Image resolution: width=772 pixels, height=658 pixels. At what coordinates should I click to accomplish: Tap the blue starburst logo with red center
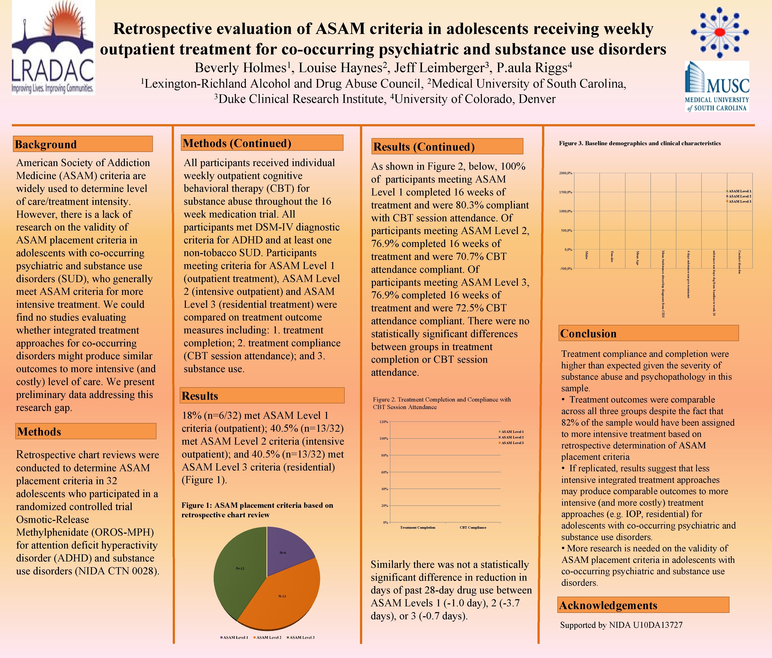click(719, 33)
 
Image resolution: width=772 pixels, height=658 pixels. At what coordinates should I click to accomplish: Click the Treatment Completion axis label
click(417, 527)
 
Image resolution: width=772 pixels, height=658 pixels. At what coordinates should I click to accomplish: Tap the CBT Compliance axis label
click(473, 527)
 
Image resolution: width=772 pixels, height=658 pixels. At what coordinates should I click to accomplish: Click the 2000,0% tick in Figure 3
click(565, 173)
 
